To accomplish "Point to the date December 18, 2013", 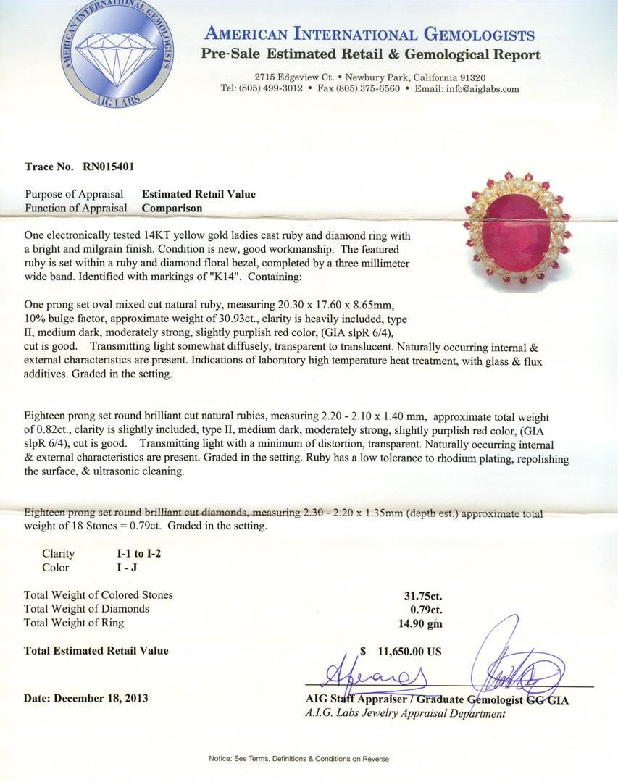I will tap(85, 699).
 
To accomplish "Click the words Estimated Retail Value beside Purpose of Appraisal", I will tap(199, 194).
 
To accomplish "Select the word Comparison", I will tap(172, 208).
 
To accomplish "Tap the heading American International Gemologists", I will tap(369, 34).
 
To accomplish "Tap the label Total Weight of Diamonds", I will tap(86, 609).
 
